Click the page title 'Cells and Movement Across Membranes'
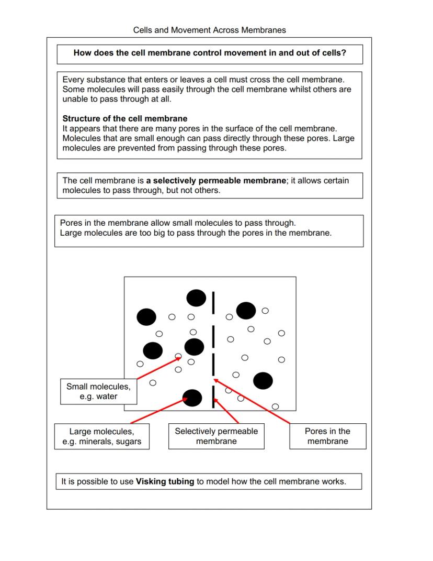(209, 30)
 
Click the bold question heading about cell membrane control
(210, 53)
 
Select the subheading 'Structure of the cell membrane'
(124, 118)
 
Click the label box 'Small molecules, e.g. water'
(98, 391)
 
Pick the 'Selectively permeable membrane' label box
(216, 436)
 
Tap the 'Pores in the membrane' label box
(327, 436)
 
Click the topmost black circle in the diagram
(196, 298)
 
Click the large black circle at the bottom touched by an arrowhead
(192, 398)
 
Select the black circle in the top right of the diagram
(246, 310)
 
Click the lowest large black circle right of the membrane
(263, 381)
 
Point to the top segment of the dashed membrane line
(213, 303)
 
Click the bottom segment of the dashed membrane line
(213, 397)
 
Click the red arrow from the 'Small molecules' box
(157, 368)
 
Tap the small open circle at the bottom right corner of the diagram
(276, 406)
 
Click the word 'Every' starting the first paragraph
(73, 80)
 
